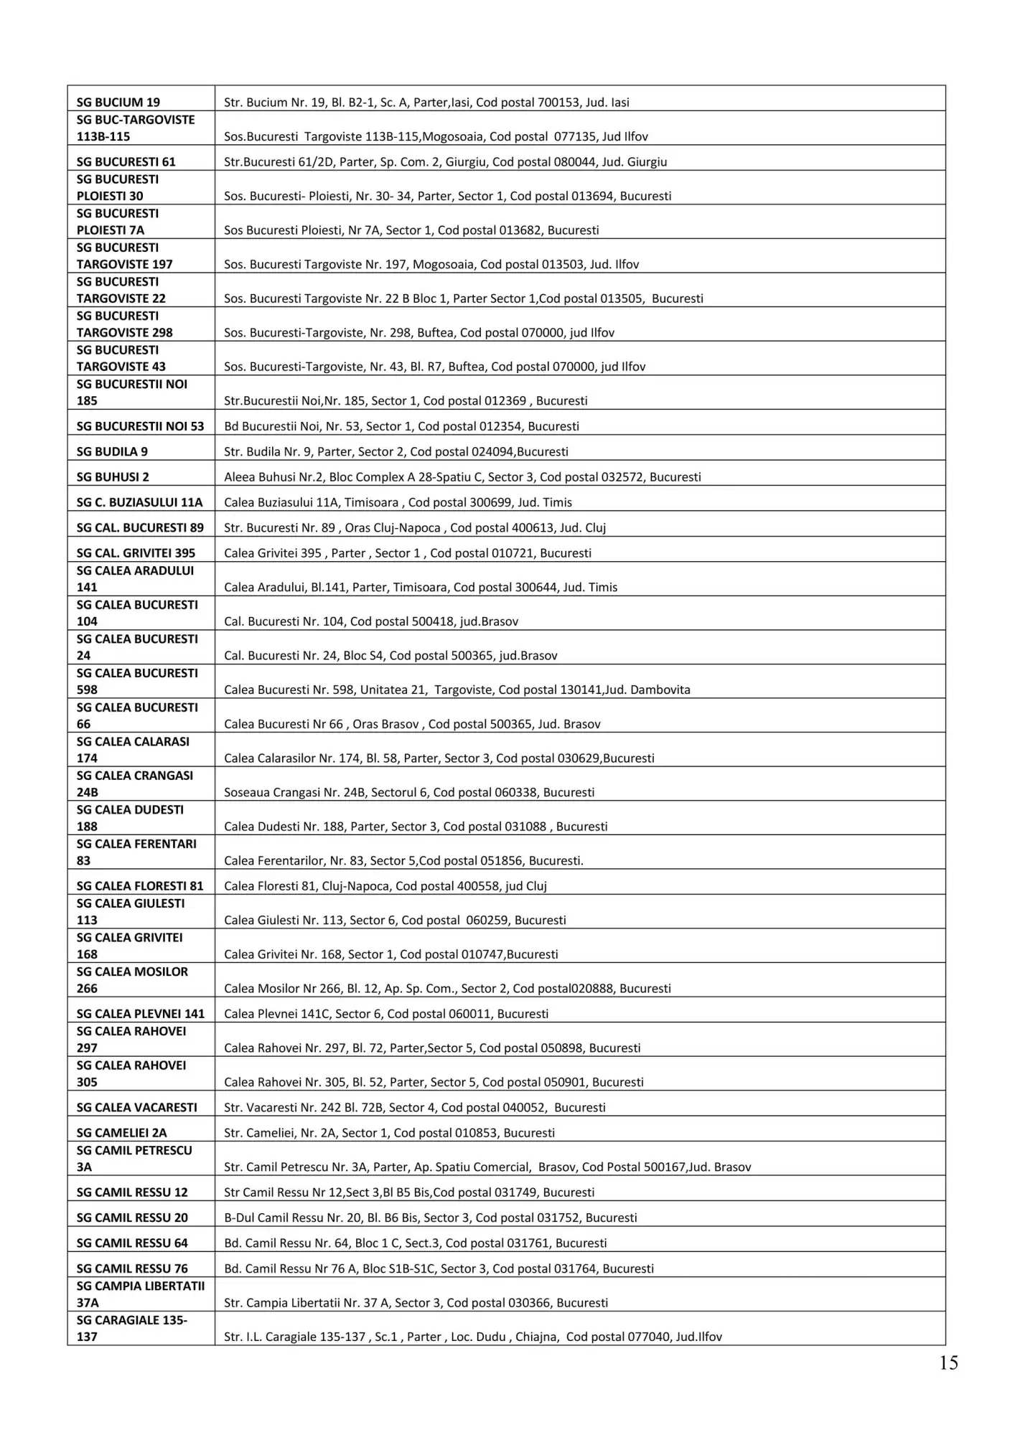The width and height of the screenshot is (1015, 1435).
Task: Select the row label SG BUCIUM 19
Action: coord(118,103)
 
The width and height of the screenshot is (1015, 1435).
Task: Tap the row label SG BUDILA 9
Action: coord(112,452)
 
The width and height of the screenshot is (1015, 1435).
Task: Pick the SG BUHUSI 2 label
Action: coord(113,477)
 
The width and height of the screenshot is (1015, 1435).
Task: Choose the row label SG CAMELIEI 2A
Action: coord(121,1133)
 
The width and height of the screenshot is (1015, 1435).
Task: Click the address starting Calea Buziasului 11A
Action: coord(398,503)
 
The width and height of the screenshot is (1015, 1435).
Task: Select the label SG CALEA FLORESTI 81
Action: coord(140,886)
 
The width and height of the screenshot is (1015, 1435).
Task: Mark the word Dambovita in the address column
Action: coord(660,690)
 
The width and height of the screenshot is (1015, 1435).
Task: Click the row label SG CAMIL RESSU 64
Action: coord(132,1243)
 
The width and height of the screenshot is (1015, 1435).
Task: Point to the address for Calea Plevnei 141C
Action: coord(385,1014)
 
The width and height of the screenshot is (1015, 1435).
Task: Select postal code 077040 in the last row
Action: coord(648,1337)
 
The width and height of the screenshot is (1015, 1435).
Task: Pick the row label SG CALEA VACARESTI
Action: coord(136,1108)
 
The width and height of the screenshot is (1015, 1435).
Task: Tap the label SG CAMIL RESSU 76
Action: coord(132,1269)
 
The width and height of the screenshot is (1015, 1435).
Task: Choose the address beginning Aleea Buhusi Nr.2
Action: coord(462,477)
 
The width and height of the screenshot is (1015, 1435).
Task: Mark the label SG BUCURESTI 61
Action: coord(126,162)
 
